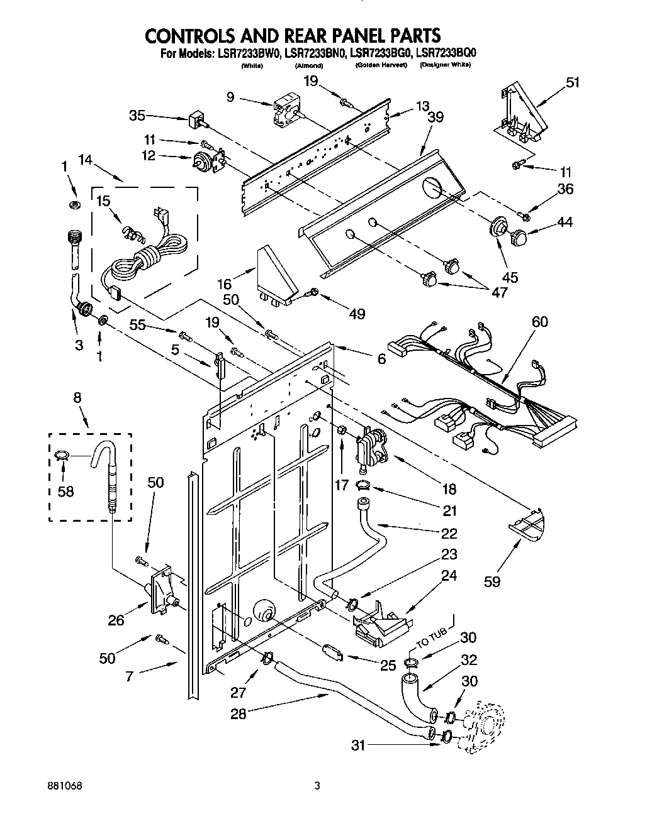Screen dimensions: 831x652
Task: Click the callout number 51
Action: click(x=573, y=82)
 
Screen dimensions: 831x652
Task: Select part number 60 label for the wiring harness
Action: click(x=540, y=322)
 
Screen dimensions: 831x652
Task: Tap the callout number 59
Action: click(x=492, y=581)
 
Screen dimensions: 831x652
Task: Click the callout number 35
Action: click(x=138, y=115)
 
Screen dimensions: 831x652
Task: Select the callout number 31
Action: click(x=358, y=746)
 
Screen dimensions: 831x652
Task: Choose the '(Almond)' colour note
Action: click(x=308, y=65)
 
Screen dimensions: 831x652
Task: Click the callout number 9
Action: click(x=231, y=97)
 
